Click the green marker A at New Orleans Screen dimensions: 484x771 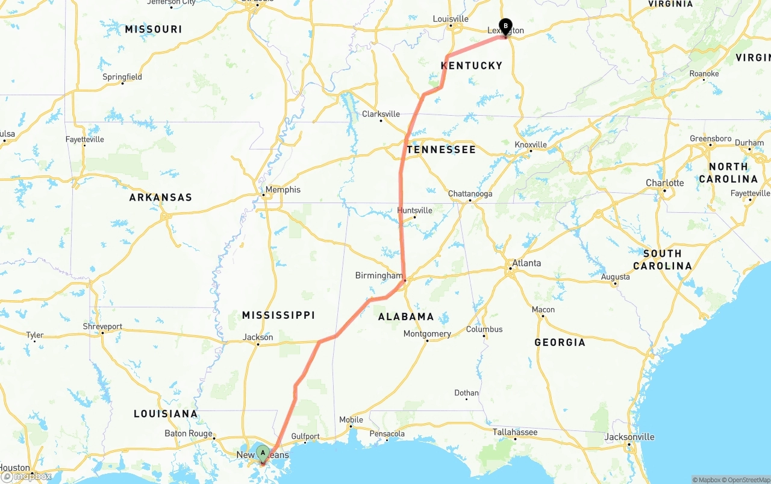(x=263, y=453)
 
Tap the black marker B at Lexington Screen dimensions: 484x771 (x=505, y=27)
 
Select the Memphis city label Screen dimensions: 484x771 (x=282, y=189)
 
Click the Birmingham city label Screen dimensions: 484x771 (x=379, y=275)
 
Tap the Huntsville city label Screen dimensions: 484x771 (x=414, y=210)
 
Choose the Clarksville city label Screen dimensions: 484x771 (x=381, y=114)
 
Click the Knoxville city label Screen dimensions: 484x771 (x=531, y=145)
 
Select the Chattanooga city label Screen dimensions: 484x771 (x=470, y=193)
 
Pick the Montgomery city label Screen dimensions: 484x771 (x=427, y=334)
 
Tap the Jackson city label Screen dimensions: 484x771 (x=258, y=338)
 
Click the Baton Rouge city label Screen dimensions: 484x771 (x=189, y=433)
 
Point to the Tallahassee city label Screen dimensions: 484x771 (x=514, y=432)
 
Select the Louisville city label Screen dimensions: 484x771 (x=451, y=19)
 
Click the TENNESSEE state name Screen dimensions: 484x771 (x=441, y=149)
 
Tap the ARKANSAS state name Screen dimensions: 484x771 (x=160, y=197)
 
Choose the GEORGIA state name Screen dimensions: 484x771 (x=560, y=342)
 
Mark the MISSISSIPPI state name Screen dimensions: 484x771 (x=278, y=315)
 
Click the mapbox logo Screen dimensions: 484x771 (x=27, y=476)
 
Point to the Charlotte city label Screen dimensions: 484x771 (x=665, y=183)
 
